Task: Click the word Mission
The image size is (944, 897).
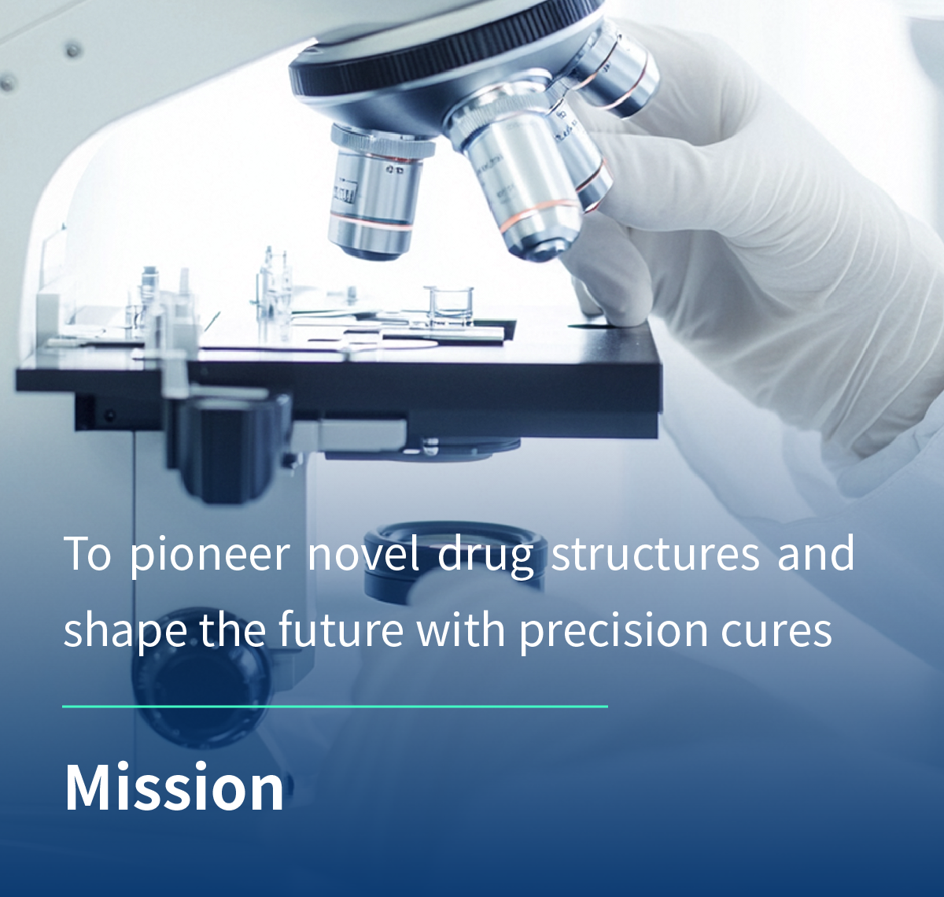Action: tap(174, 787)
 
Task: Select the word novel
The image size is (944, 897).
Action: tap(363, 552)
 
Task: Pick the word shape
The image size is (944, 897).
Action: tap(125, 631)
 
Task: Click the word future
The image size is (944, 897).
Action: tap(341, 629)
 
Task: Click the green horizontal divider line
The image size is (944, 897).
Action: tap(335, 707)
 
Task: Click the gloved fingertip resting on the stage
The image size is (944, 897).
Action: tap(614, 303)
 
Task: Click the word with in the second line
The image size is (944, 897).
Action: tap(461, 629)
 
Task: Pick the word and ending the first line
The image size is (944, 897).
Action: tap(816, 552)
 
